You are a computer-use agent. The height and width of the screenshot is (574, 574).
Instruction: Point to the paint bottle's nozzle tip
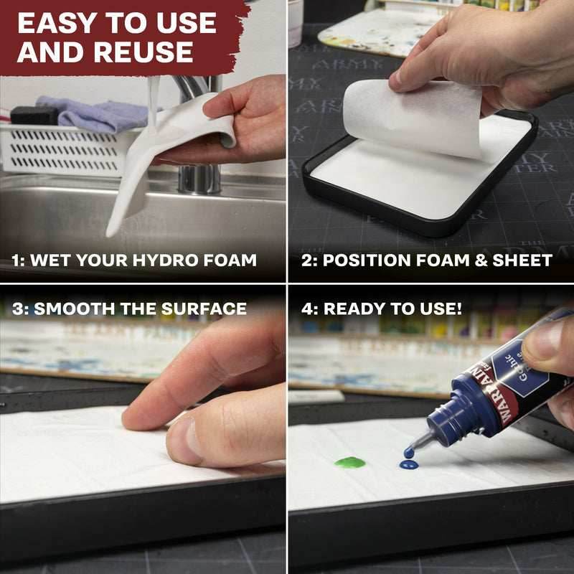pos(410,451)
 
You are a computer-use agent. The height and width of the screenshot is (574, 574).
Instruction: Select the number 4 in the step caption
pos(306,309)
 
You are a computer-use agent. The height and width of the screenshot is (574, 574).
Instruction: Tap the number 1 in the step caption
pos(16,260)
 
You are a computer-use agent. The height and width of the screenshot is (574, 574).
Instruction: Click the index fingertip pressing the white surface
pos(133,420)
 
